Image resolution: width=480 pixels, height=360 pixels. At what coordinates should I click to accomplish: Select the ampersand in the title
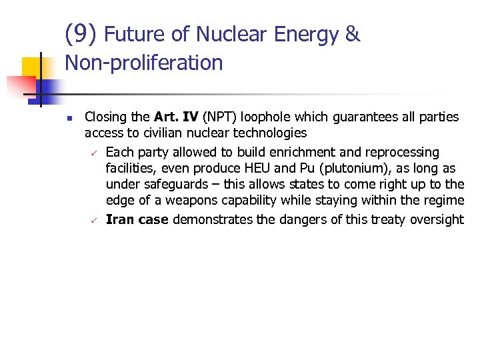coord(352,34)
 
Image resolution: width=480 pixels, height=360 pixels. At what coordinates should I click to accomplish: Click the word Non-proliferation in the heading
coord(144,63)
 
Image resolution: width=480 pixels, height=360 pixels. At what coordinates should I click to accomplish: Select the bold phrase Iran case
coord(137,219)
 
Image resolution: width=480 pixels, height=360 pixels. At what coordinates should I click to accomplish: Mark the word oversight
coord(436,219)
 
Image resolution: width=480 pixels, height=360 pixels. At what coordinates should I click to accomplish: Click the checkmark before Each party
coord(93,153)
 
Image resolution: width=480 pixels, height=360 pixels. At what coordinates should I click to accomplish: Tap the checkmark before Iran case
coord(93,220)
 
